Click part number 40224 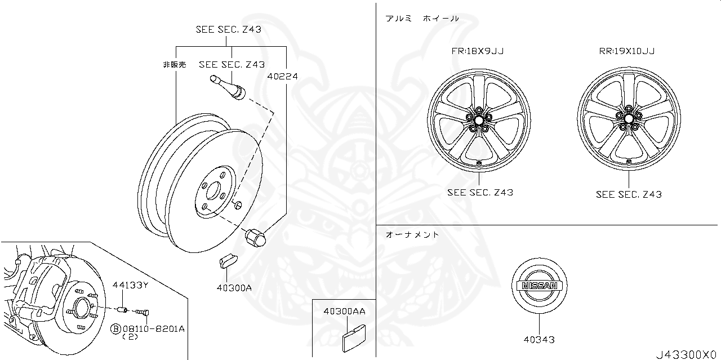(283, 76)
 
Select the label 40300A (233, 288)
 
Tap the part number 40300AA (344, 311)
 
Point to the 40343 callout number (538, 339)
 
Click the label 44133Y (130, 285)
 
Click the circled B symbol (115, 328)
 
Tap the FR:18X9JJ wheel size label (477, 51)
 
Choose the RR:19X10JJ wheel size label (626, 51)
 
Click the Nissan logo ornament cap (539, 286)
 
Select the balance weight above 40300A (228, 261)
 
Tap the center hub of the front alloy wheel (478, 120)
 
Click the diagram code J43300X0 (686, 354)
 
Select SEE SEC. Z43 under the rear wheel (629, 194)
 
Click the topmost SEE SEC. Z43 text (228, 30)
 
